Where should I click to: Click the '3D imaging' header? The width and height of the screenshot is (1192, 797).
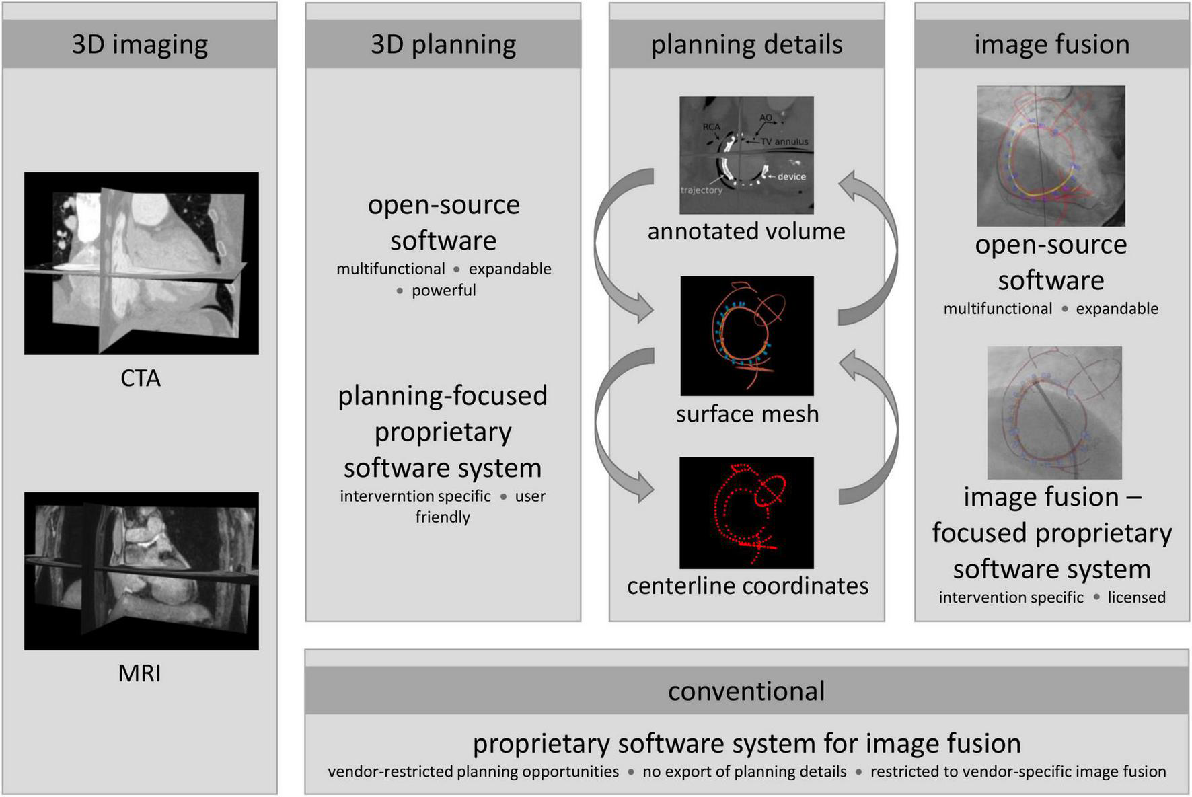click(140, 44)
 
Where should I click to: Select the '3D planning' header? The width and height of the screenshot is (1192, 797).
click(443, 44)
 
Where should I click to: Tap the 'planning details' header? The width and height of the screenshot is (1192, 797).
click(747, 44)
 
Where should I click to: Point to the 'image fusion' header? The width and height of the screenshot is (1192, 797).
click(1051, 44)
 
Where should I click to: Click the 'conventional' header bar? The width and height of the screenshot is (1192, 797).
click(747, 691)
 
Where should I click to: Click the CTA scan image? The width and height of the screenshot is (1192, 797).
click(141, 263)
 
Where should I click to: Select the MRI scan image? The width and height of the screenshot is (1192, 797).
click(141, 571)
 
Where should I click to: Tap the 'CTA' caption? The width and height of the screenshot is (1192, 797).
click(141, 378)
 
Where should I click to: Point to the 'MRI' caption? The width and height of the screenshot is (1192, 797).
click(139, 673)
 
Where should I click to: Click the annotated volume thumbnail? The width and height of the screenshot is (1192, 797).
click(747, 155)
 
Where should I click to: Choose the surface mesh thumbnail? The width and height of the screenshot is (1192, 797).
click(747, 336)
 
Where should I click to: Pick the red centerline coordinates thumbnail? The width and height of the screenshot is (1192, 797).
click(747, 513)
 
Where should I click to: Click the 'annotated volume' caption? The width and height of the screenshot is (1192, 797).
click(746, 231)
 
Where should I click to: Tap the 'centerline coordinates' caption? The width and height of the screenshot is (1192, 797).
click(747, 586)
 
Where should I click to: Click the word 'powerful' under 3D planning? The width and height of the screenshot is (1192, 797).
click(443, 290)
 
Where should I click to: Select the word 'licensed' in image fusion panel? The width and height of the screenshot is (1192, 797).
click(1136, 597)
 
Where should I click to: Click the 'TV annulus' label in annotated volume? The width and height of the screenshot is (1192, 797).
click(784, 142)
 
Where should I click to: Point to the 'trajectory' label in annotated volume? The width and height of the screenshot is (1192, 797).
click(701, 190)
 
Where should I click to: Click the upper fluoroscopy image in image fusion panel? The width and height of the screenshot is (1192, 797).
click(1051, 155)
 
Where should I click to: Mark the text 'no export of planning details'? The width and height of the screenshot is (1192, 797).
click(744, 771)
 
